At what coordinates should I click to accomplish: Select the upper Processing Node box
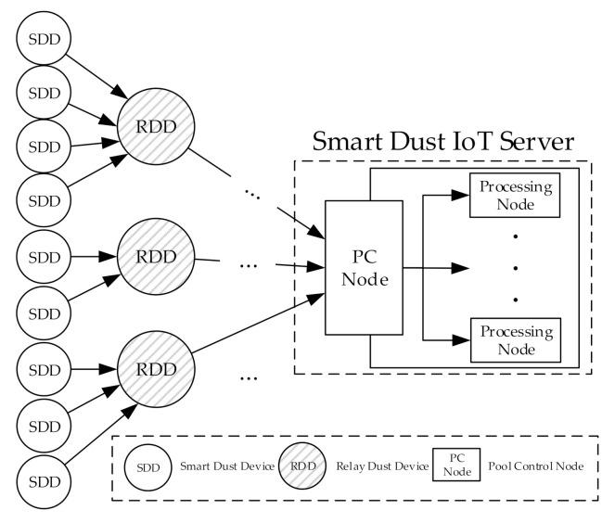point(515,196)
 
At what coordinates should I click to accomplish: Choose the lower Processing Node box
point(515,339)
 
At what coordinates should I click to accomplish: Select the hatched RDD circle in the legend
point(301,466)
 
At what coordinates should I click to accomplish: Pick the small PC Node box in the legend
point(455,466)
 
